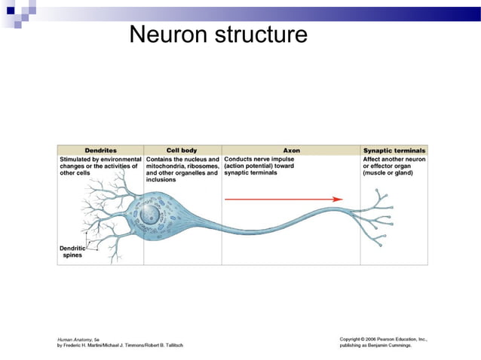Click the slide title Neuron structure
coord(218,34)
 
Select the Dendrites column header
coord(100,150)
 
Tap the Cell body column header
coord(182,150)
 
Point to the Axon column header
coord(291,150)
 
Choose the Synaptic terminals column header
coord(394,150)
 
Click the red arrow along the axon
coord(283,200)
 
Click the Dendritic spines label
coord(74,252)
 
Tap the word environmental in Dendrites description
coord(117,160)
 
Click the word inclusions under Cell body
coord(162,180)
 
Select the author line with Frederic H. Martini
coord(120,346)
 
